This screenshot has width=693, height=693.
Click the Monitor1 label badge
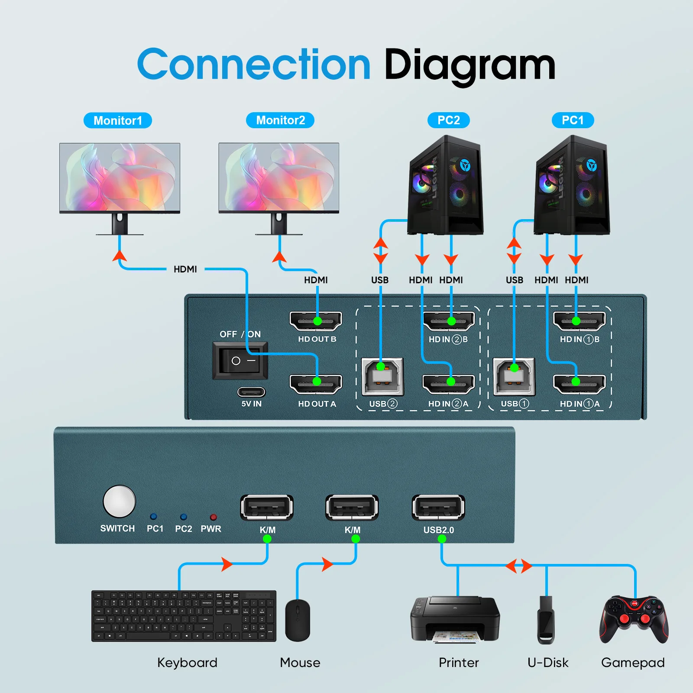point(117,120)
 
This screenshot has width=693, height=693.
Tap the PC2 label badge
point(448,120)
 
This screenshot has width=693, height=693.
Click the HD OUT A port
point(316,383)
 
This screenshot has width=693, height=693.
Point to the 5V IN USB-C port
point(251,392)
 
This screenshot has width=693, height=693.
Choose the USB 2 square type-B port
point(382,376)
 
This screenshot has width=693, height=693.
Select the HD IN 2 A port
point(448,383)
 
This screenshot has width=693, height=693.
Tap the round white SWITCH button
point(119,501)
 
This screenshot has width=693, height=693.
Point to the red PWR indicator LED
point(213,517)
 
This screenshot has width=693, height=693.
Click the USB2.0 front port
point(438,507)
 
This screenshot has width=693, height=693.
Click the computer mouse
point(298,620)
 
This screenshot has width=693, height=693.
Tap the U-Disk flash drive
point(546,619)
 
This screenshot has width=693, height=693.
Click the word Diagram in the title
point(470,65)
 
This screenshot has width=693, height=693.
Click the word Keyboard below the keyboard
point(187,662)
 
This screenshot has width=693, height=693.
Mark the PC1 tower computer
point(572,186)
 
